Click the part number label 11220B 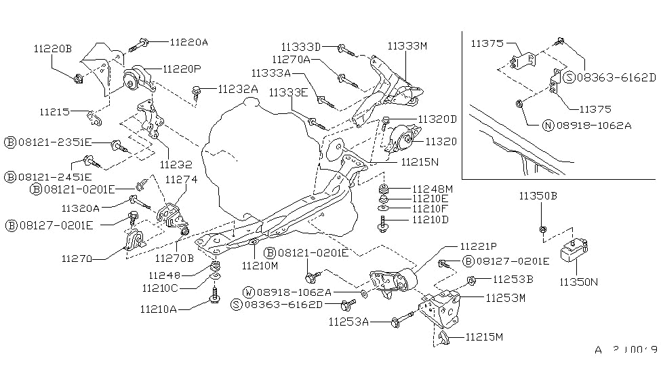pos(52,48)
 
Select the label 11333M pos(408,47)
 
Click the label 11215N pos(420,163)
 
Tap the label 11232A pos(238,89)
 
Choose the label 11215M pos(484,337)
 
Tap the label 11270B pos(174,258)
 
